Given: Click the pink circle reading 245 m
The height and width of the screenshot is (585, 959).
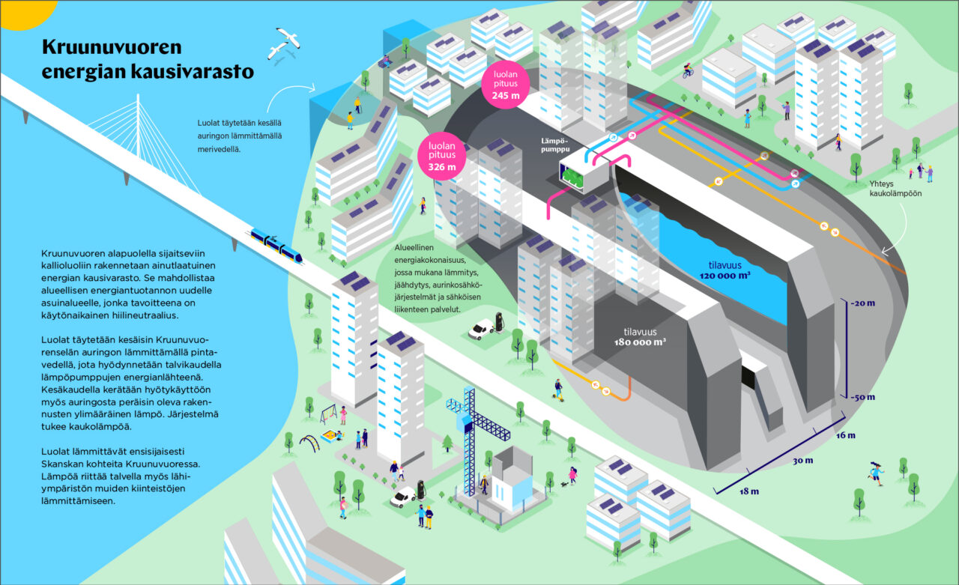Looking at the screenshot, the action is coord(506,84).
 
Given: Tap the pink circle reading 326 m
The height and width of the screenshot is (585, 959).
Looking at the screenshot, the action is coord(442,155).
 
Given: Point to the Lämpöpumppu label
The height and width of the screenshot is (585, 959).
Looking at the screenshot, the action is coord(555,145).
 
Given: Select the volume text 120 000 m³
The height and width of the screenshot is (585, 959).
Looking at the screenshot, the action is coord(724,276).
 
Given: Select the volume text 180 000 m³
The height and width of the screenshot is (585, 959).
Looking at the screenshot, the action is coord(640,342).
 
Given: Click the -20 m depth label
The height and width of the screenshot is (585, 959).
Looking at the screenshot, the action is coord(862,303).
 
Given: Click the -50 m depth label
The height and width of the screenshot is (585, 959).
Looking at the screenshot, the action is coord(862,397).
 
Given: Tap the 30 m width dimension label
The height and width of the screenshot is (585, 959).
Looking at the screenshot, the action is coord(802,461).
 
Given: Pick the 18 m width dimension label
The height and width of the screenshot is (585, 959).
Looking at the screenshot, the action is coord(749,491).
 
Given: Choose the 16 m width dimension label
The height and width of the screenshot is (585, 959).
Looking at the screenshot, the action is coord(846,435).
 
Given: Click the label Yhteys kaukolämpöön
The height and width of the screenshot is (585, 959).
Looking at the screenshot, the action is coord(895,189).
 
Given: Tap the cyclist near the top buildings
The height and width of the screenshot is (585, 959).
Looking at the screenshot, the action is coord(688,70).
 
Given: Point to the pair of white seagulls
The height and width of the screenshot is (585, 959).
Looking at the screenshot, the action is coord(284,43).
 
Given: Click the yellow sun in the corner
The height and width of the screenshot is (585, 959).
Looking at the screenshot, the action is coord(25,13).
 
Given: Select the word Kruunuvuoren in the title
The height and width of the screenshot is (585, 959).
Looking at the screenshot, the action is coord(112,46).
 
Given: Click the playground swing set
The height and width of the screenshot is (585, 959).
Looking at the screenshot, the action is coord(329,413).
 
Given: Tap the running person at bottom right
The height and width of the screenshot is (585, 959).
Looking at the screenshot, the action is coord(876,473).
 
